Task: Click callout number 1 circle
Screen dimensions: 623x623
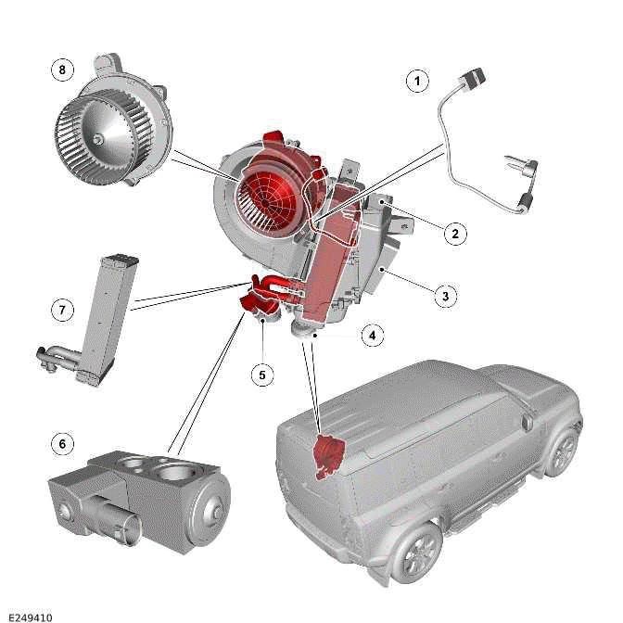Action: (418, 82)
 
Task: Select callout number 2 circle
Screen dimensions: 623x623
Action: (454, 234)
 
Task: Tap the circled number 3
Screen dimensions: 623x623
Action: (445, 296)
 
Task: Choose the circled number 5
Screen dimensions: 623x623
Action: (262, 374)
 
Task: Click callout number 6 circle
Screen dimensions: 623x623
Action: (62, 444)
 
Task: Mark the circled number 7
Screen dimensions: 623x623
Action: (62, 309)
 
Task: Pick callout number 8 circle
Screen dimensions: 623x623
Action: (62, 69)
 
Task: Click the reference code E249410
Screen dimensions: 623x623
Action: (28, 614)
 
